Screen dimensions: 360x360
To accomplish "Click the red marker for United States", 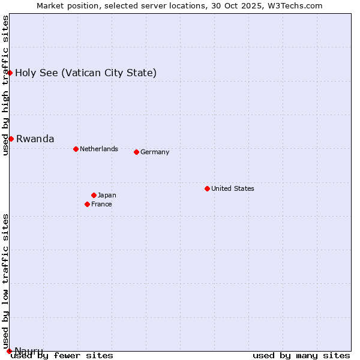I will pyautogui.click(x=207, y=188).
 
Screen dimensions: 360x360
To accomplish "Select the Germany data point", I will pyautogui.click(x=136, y=152).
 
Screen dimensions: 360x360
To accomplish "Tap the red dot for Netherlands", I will pyautogui.click(x=76, y=149).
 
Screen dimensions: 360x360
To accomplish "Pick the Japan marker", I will pyautogui.click(x=94, y=195).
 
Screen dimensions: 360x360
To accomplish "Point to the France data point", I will pyautogui.click(x=88, y=204).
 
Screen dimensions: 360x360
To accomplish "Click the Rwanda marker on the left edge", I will pyautogui.click(x=11, y=139).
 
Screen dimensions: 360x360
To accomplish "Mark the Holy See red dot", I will pyautogui.click(x=10, y=73).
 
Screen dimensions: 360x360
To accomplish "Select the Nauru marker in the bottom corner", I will pyautogui.click(x=9, y=350).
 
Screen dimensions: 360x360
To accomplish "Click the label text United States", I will pyautogui.click(x=233, y=188).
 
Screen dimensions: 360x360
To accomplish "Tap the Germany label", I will pyautogui.click(x=155, y=152).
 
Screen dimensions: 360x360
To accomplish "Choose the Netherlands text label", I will pyautogui.click(x=99, y=149).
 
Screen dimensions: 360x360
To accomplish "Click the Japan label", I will pyautogui.click(x=107, y=195).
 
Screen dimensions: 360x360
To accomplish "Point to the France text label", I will pyautogui.click(x=101, y=204).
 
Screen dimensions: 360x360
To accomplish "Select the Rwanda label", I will pyautogui.click(x=35, y=139).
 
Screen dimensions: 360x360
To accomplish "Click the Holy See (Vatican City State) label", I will pyautogui.click(x=86, y=73).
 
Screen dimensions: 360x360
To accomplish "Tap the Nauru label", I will pyautogui.click(x=29, y=350).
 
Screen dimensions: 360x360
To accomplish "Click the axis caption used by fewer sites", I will pyautogui.click(x=62, y=356).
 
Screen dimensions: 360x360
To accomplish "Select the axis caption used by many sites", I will pyautogui.click(x=301, y=356).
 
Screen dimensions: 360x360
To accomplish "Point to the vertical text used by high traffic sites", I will pyautogui.click(x=5, y=85).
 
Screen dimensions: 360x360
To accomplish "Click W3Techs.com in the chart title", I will pyautogui.click(x=295, y=5).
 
